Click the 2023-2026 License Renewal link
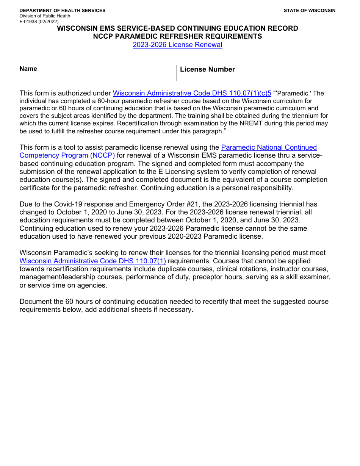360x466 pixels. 177,45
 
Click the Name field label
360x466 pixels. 28,69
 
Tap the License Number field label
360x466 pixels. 207,69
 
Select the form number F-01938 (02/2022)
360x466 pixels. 39,22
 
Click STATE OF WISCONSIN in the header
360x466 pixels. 309,11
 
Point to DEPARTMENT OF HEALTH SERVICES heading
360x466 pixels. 63,11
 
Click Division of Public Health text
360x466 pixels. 45,16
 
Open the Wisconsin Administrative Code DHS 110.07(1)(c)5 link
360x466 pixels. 192,93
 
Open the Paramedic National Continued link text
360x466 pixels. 269,147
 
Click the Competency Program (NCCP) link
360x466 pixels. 67,155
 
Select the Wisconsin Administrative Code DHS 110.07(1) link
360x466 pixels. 93,261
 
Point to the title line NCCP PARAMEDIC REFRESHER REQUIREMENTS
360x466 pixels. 177,36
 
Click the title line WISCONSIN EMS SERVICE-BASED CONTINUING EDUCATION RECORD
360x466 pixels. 177,28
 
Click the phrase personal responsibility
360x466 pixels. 258,188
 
